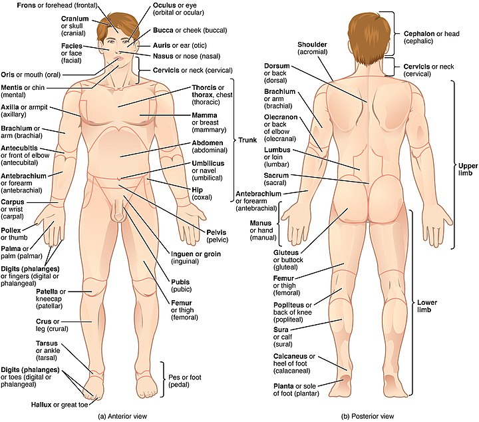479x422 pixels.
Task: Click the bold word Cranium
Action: [75, 19]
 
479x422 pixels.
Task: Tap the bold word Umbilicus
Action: [208, 164]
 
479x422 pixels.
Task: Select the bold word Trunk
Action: [247, 140]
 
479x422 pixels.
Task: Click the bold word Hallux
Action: [41, 405]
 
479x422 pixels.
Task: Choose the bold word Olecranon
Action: [281, 117]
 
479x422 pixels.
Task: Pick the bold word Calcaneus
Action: [290, 356]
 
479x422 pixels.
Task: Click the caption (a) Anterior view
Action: [122, 416]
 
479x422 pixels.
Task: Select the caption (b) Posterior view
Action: [367, 416]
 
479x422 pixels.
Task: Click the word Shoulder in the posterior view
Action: [312, 45]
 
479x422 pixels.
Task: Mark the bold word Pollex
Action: [11, 230]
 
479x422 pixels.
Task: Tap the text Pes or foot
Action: [185, 377]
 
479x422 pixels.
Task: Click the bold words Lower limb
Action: [427, 306]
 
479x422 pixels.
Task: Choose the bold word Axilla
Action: [10, 107]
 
